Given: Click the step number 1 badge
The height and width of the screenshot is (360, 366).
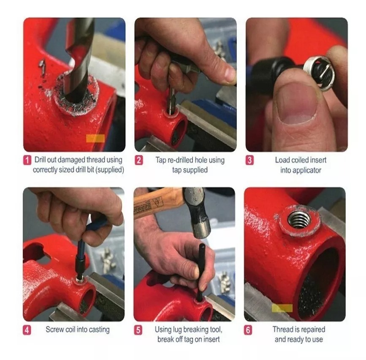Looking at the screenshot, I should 27,160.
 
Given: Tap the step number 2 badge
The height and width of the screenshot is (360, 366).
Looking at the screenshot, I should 139,160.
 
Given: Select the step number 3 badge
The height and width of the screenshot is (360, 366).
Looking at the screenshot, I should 250,160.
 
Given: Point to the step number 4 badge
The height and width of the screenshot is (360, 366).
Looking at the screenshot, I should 27,330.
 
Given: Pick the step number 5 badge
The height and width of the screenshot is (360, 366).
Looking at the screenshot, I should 138,330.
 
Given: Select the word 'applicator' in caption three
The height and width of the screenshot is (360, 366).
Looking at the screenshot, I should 301,170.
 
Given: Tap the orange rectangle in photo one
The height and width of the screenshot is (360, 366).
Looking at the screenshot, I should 95,138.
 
